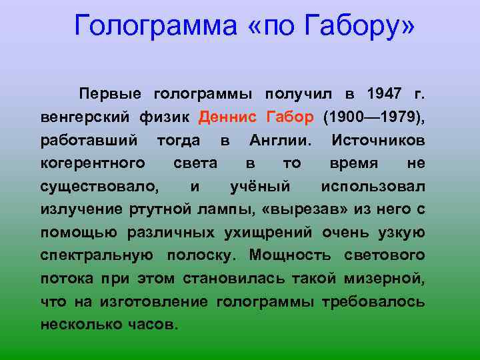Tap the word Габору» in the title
pos(359,26)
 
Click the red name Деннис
pos(229,118)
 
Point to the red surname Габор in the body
pos(289,118)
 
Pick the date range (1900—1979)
pos(373,118)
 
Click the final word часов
pos(154,325)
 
